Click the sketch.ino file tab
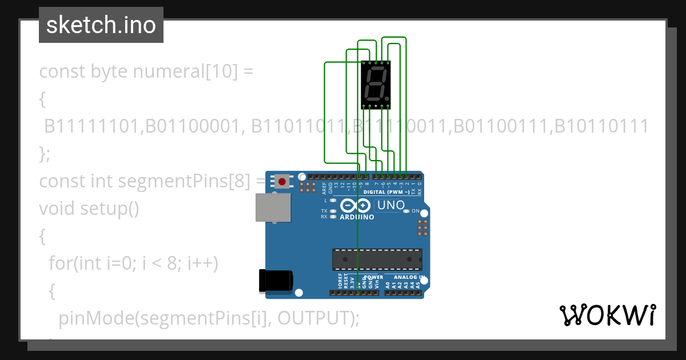(x=101, y=25)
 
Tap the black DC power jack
(x=276, y=280)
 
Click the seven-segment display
(x=376, y=84)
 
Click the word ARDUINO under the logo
(x=357, y=217)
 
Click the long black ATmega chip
(x=377, y=259)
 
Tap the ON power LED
(x=406, y=211)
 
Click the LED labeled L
(x=332, y=201)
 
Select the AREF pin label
(x=324, y=189)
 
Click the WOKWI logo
(x=607, y=315)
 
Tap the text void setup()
(x=89, y=209)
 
